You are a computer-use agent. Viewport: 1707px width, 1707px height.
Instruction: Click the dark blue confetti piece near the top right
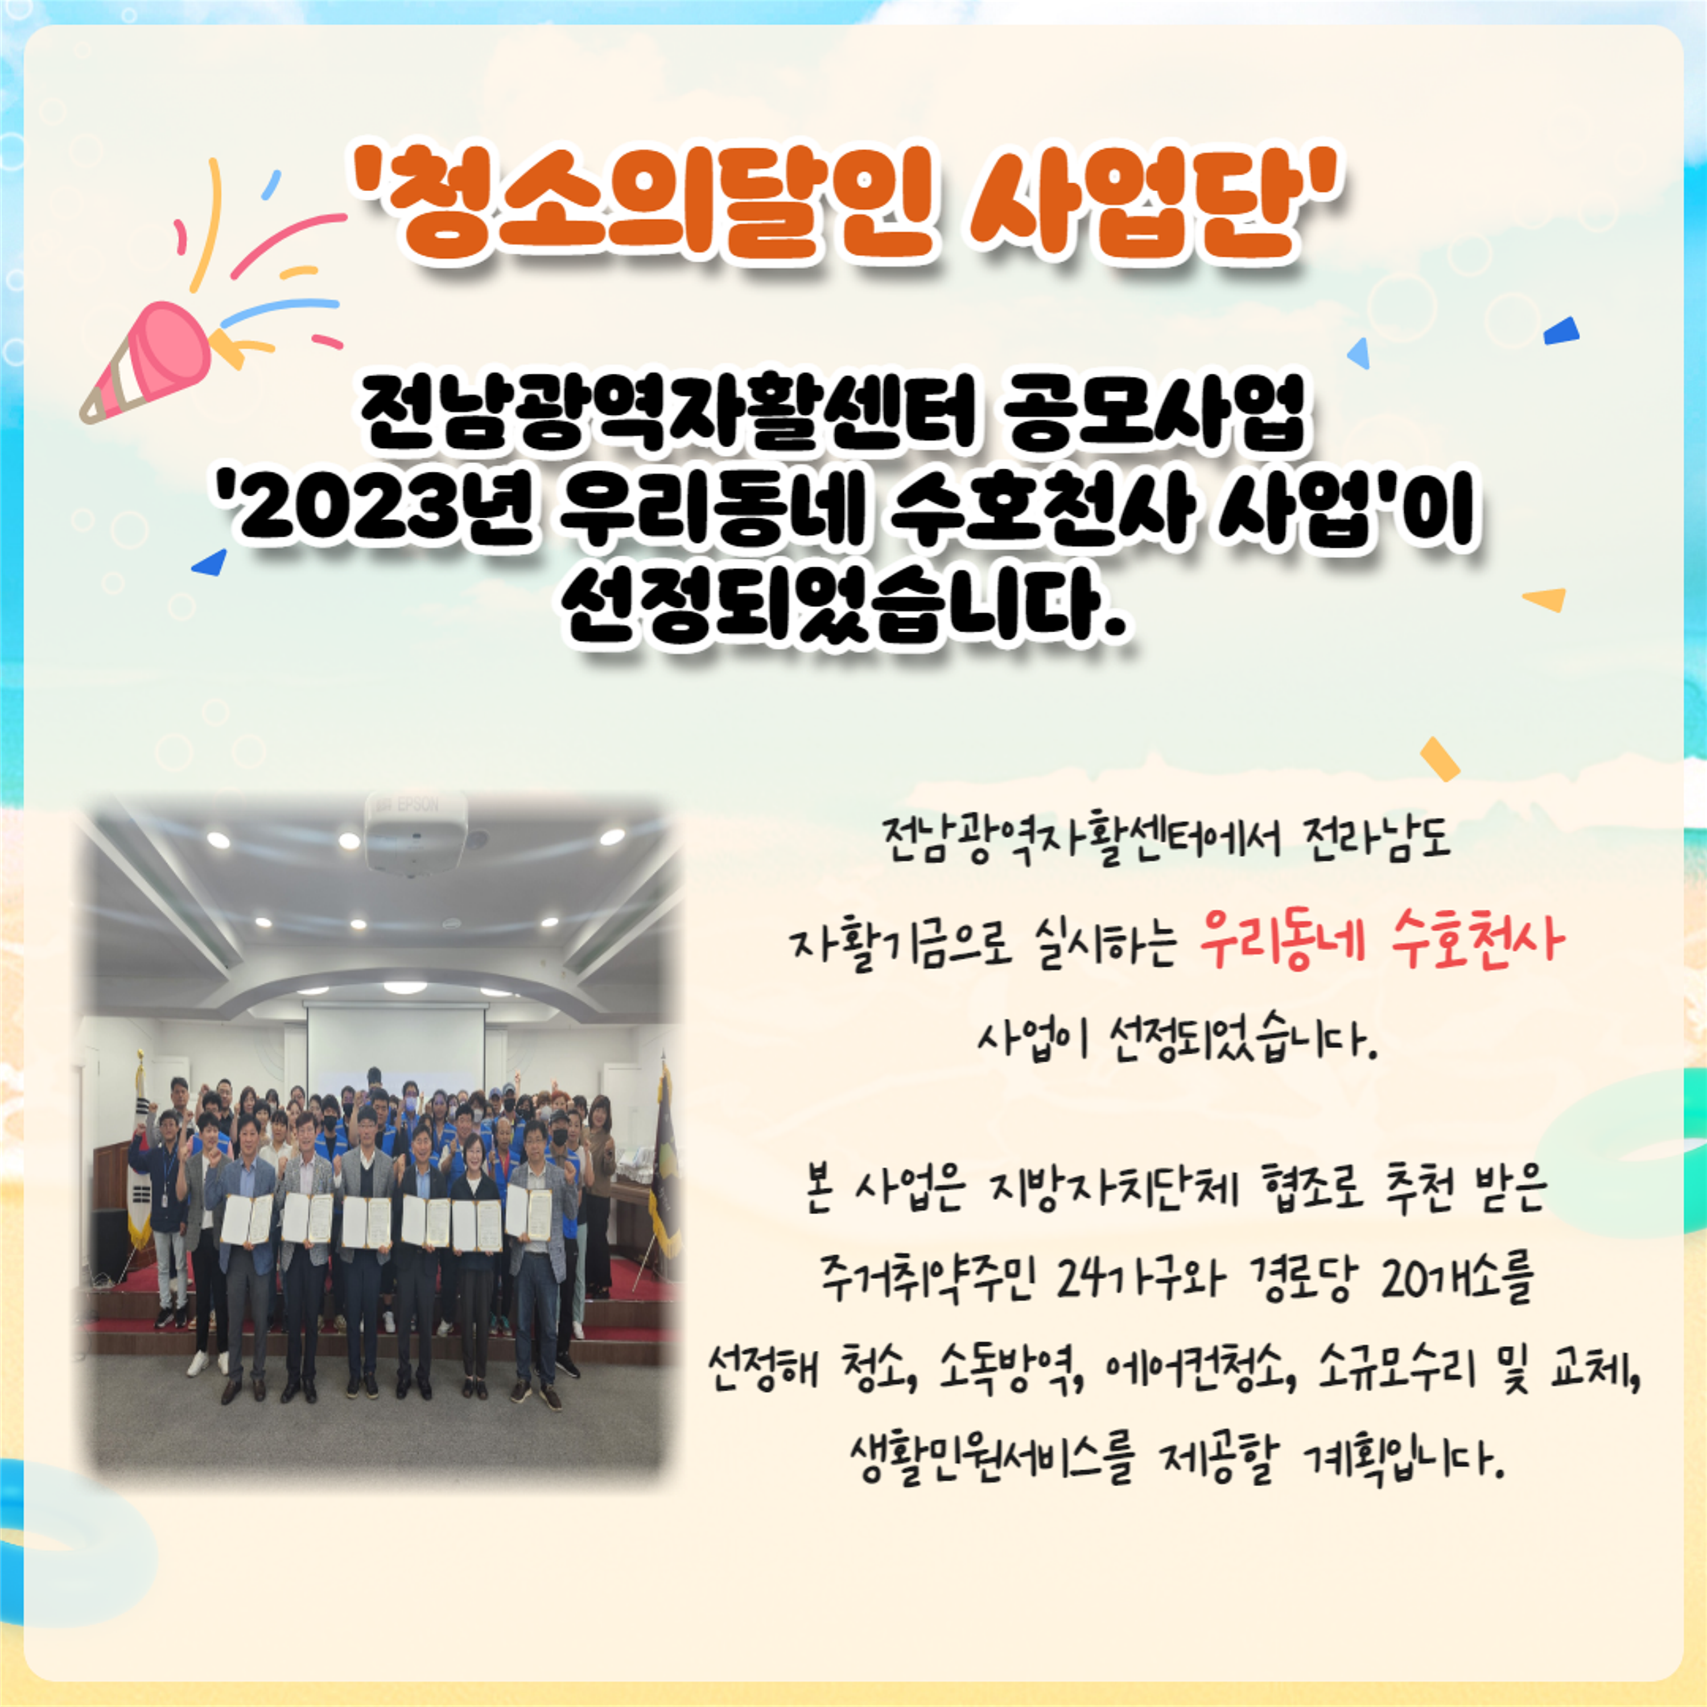1562,331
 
